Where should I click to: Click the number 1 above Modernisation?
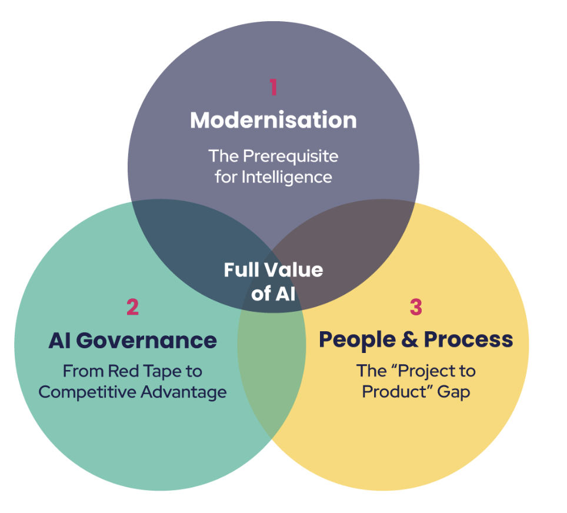(x=273, y=87)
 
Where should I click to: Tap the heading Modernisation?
(x=273, y=120)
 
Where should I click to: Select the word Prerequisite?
(x=291, y=156)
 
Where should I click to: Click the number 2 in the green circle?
(x=132, y=307)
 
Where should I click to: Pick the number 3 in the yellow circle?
(x=416, y=307)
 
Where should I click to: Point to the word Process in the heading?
(x=468, y=340)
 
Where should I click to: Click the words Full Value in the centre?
(x=273, y=270)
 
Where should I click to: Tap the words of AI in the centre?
(x=273, y=292)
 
